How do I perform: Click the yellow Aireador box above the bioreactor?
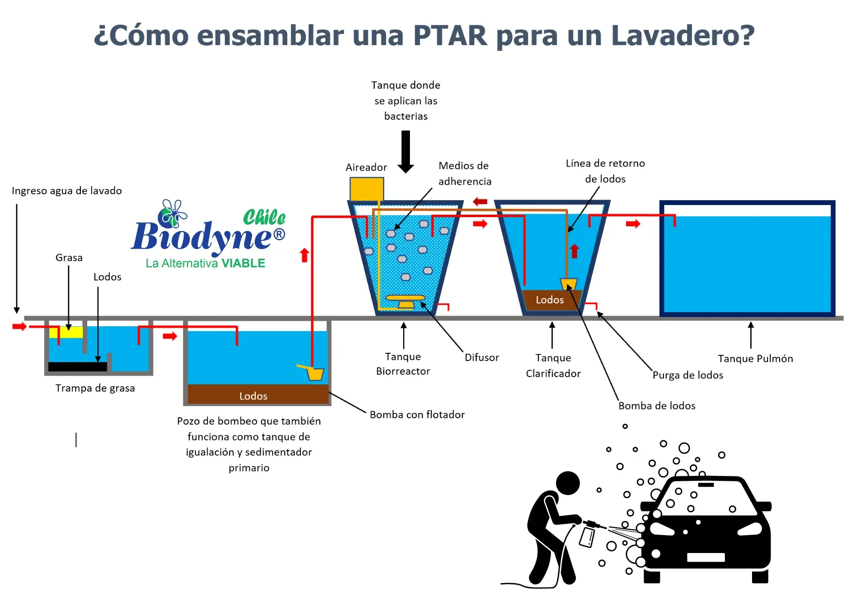click(366, 189)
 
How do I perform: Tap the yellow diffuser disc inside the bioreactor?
click(405, 298)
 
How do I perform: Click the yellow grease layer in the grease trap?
click(66, 332)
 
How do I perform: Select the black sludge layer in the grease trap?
click(78, 367)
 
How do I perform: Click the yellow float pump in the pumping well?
click(315, 374)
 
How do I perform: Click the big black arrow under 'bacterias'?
click(406, 152)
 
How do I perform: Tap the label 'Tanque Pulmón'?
click(755, 359)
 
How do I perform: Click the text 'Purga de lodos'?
click(688, 375)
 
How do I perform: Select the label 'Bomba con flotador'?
click(417, 415)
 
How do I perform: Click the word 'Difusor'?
click(481, 358)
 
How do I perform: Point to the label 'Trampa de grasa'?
click(95, 388)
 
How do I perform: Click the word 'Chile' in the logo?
click(264, 217)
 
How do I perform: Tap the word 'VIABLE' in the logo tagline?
click(243, 264)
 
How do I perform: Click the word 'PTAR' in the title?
click(450, 35)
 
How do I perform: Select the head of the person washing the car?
click(567, 483)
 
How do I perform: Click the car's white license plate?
click(706, 557)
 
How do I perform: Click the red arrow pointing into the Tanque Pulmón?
click(633, 224)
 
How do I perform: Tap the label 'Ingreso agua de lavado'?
click(67, 191)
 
